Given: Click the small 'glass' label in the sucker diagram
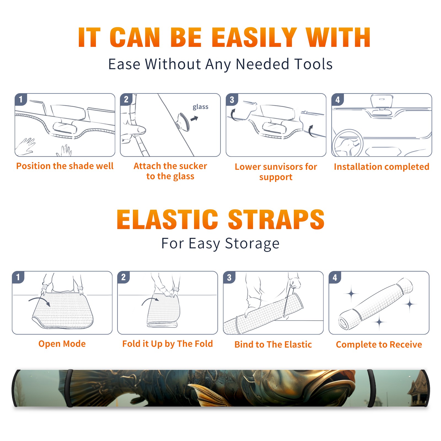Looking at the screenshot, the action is coord(200,107).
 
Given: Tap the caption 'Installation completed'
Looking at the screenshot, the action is coord(381,167).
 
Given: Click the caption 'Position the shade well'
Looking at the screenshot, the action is coord(65,166).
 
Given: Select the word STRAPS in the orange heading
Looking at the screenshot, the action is coord(276,219).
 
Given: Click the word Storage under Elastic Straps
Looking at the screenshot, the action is coord(252,244).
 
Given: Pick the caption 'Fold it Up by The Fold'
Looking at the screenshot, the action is coord(168,344).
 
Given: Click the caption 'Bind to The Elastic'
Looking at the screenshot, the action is coord(273,345).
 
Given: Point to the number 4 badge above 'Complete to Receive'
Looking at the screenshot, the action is coord(335,277).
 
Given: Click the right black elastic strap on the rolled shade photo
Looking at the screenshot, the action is coord(371,388).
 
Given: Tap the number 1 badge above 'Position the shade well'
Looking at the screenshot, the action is coord(21,100).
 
